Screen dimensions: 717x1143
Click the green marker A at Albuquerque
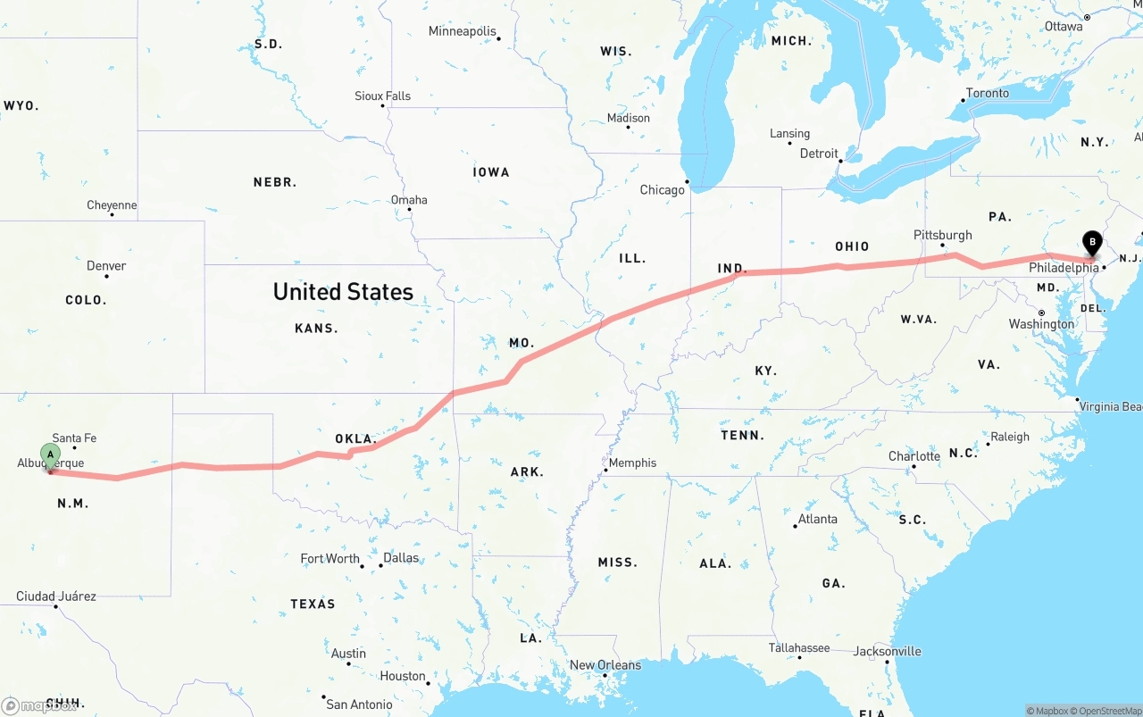(51, 454)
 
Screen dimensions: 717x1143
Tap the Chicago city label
(662, 190)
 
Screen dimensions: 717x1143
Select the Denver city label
(106, 266)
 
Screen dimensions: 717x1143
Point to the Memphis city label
(632, 463)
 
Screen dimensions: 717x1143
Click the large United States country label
(343, 292)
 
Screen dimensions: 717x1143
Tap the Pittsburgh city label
(942, 235)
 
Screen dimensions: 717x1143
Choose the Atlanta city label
(818, 519)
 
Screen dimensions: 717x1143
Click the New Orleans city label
(605, 665)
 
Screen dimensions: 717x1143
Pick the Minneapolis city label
(462, 31)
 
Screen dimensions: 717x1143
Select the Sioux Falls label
(382, 96)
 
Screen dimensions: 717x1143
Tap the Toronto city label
(987, 93)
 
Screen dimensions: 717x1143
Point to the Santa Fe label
(74, 438)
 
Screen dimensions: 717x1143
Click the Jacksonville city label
(887, 651)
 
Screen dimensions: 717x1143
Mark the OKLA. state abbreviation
(355, 439)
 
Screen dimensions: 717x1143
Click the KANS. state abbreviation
(316, 329)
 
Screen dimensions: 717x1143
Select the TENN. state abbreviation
(742, 436)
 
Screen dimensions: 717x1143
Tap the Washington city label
(1041, 324)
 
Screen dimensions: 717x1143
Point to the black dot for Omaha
(409, 211)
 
